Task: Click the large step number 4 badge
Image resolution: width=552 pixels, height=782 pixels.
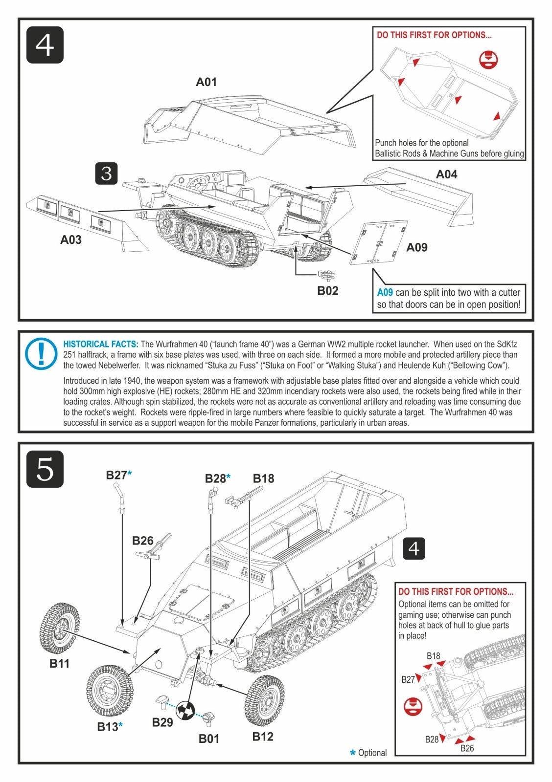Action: (x=45, y=45)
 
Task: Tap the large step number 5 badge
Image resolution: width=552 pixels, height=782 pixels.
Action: (x=45, y=469)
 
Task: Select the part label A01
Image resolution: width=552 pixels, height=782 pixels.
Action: (x=206, y=82)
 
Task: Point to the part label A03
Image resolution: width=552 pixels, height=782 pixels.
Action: (x=70, y=240)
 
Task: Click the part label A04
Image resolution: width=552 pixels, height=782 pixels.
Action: (x=446, y=174)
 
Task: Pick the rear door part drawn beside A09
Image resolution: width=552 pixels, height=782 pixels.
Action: (x=379, y=242)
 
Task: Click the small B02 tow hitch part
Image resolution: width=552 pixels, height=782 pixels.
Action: (x=326, y=275)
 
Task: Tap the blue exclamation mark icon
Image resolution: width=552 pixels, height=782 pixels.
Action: (x=41, y=353)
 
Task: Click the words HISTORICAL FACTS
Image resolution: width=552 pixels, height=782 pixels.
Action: (x=101, y=344)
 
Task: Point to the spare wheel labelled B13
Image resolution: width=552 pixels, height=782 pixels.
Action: (x=110, y=690)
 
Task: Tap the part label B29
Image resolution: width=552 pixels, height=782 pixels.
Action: (x=162, y=722)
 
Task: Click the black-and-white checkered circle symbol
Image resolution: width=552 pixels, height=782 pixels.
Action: (x=185, y=710)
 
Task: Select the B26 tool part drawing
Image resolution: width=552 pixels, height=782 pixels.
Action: (x=154, y=547)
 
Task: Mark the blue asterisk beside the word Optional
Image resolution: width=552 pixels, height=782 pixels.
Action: (x=352, y=752)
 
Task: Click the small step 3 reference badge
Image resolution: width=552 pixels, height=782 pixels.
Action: (x=106, y=173)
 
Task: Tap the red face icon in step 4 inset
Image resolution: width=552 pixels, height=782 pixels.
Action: (x=488, y=59)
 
